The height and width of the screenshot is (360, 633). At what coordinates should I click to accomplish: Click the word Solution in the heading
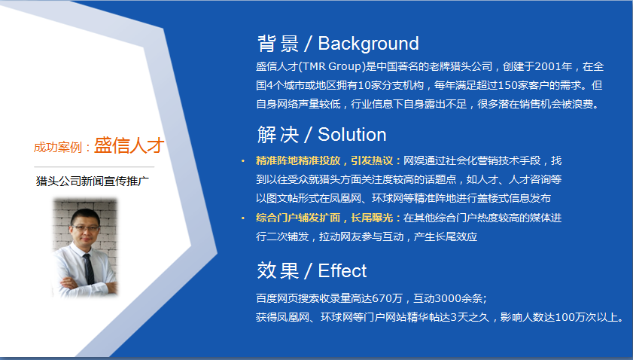coord(351,135)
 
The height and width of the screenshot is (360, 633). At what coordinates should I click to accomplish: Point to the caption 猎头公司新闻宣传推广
coord(93,181)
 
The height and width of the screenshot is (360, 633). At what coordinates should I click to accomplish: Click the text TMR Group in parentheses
coord(329,66)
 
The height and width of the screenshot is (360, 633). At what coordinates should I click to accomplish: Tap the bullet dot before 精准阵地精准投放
coord(242,161)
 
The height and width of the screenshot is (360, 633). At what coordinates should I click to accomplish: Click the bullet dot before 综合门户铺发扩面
coord(242,218)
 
